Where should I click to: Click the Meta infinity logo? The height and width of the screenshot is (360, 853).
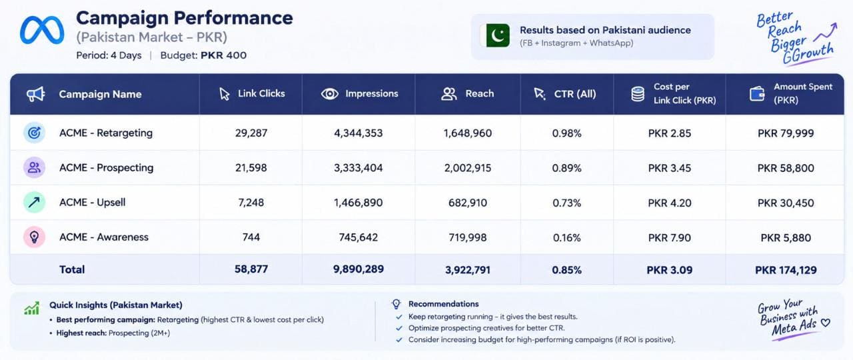(42, 30)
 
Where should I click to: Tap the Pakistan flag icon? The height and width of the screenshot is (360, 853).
(495, 35)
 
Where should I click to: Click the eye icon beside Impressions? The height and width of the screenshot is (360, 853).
(329, 94)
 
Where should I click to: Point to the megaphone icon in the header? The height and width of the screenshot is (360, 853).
(36, 94)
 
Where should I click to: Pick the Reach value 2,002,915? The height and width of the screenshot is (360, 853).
(468, 168)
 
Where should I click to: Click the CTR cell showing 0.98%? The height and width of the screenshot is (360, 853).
(566, 133)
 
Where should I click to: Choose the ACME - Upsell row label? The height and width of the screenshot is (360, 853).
(92, 202)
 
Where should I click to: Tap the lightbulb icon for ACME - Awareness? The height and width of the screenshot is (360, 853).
(34, 237)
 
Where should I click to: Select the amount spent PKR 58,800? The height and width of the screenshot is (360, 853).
(786, 168)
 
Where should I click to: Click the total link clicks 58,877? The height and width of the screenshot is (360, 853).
(251, 269)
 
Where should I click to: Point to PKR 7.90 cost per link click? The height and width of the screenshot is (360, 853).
(670, 238)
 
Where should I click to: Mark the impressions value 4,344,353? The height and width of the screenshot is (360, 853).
(359, 133)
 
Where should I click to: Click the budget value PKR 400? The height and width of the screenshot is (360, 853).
(223, 55)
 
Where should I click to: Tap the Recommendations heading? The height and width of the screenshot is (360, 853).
(444, 304)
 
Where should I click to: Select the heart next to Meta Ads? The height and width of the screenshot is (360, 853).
(825, 323)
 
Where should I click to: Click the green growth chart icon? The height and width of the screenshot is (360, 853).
(31, 308)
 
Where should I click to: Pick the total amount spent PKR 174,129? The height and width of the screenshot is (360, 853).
(786, 270)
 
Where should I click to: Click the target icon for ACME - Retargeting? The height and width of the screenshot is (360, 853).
(34, 133)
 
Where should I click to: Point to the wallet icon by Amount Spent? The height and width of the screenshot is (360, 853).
(756, 94)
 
